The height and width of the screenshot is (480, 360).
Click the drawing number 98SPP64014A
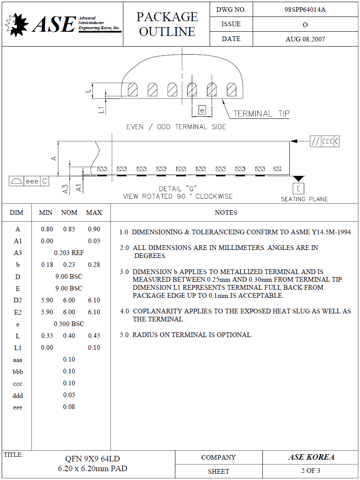tap(305, 10)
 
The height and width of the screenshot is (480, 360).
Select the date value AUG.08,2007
tap(305, 39)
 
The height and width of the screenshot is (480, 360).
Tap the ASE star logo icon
tap(17, 24)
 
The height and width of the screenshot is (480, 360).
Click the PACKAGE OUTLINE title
tap(167, 24)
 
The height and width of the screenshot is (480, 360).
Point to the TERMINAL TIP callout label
tap(262, 114)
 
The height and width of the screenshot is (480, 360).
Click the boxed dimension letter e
tap(202, 110)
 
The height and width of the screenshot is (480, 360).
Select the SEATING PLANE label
tap(304, 199)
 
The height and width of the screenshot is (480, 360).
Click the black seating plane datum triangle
tap(299, 179)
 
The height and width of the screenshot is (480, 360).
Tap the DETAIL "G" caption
tap(178, 189)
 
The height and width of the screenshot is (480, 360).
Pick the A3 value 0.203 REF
tap(69, 253)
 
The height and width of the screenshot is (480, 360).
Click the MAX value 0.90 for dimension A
tap(94, 229)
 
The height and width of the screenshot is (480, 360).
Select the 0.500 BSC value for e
tap(69, 324)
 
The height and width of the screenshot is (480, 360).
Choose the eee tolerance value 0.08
tap(69, 407)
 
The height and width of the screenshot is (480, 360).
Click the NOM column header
tap(69, 212)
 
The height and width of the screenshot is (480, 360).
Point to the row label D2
tap(18, 300)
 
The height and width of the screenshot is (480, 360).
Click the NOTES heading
tap(226, 213)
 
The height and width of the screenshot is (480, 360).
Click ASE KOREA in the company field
tap(311, 457)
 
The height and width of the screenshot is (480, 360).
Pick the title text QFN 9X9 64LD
tap(93, 459)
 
